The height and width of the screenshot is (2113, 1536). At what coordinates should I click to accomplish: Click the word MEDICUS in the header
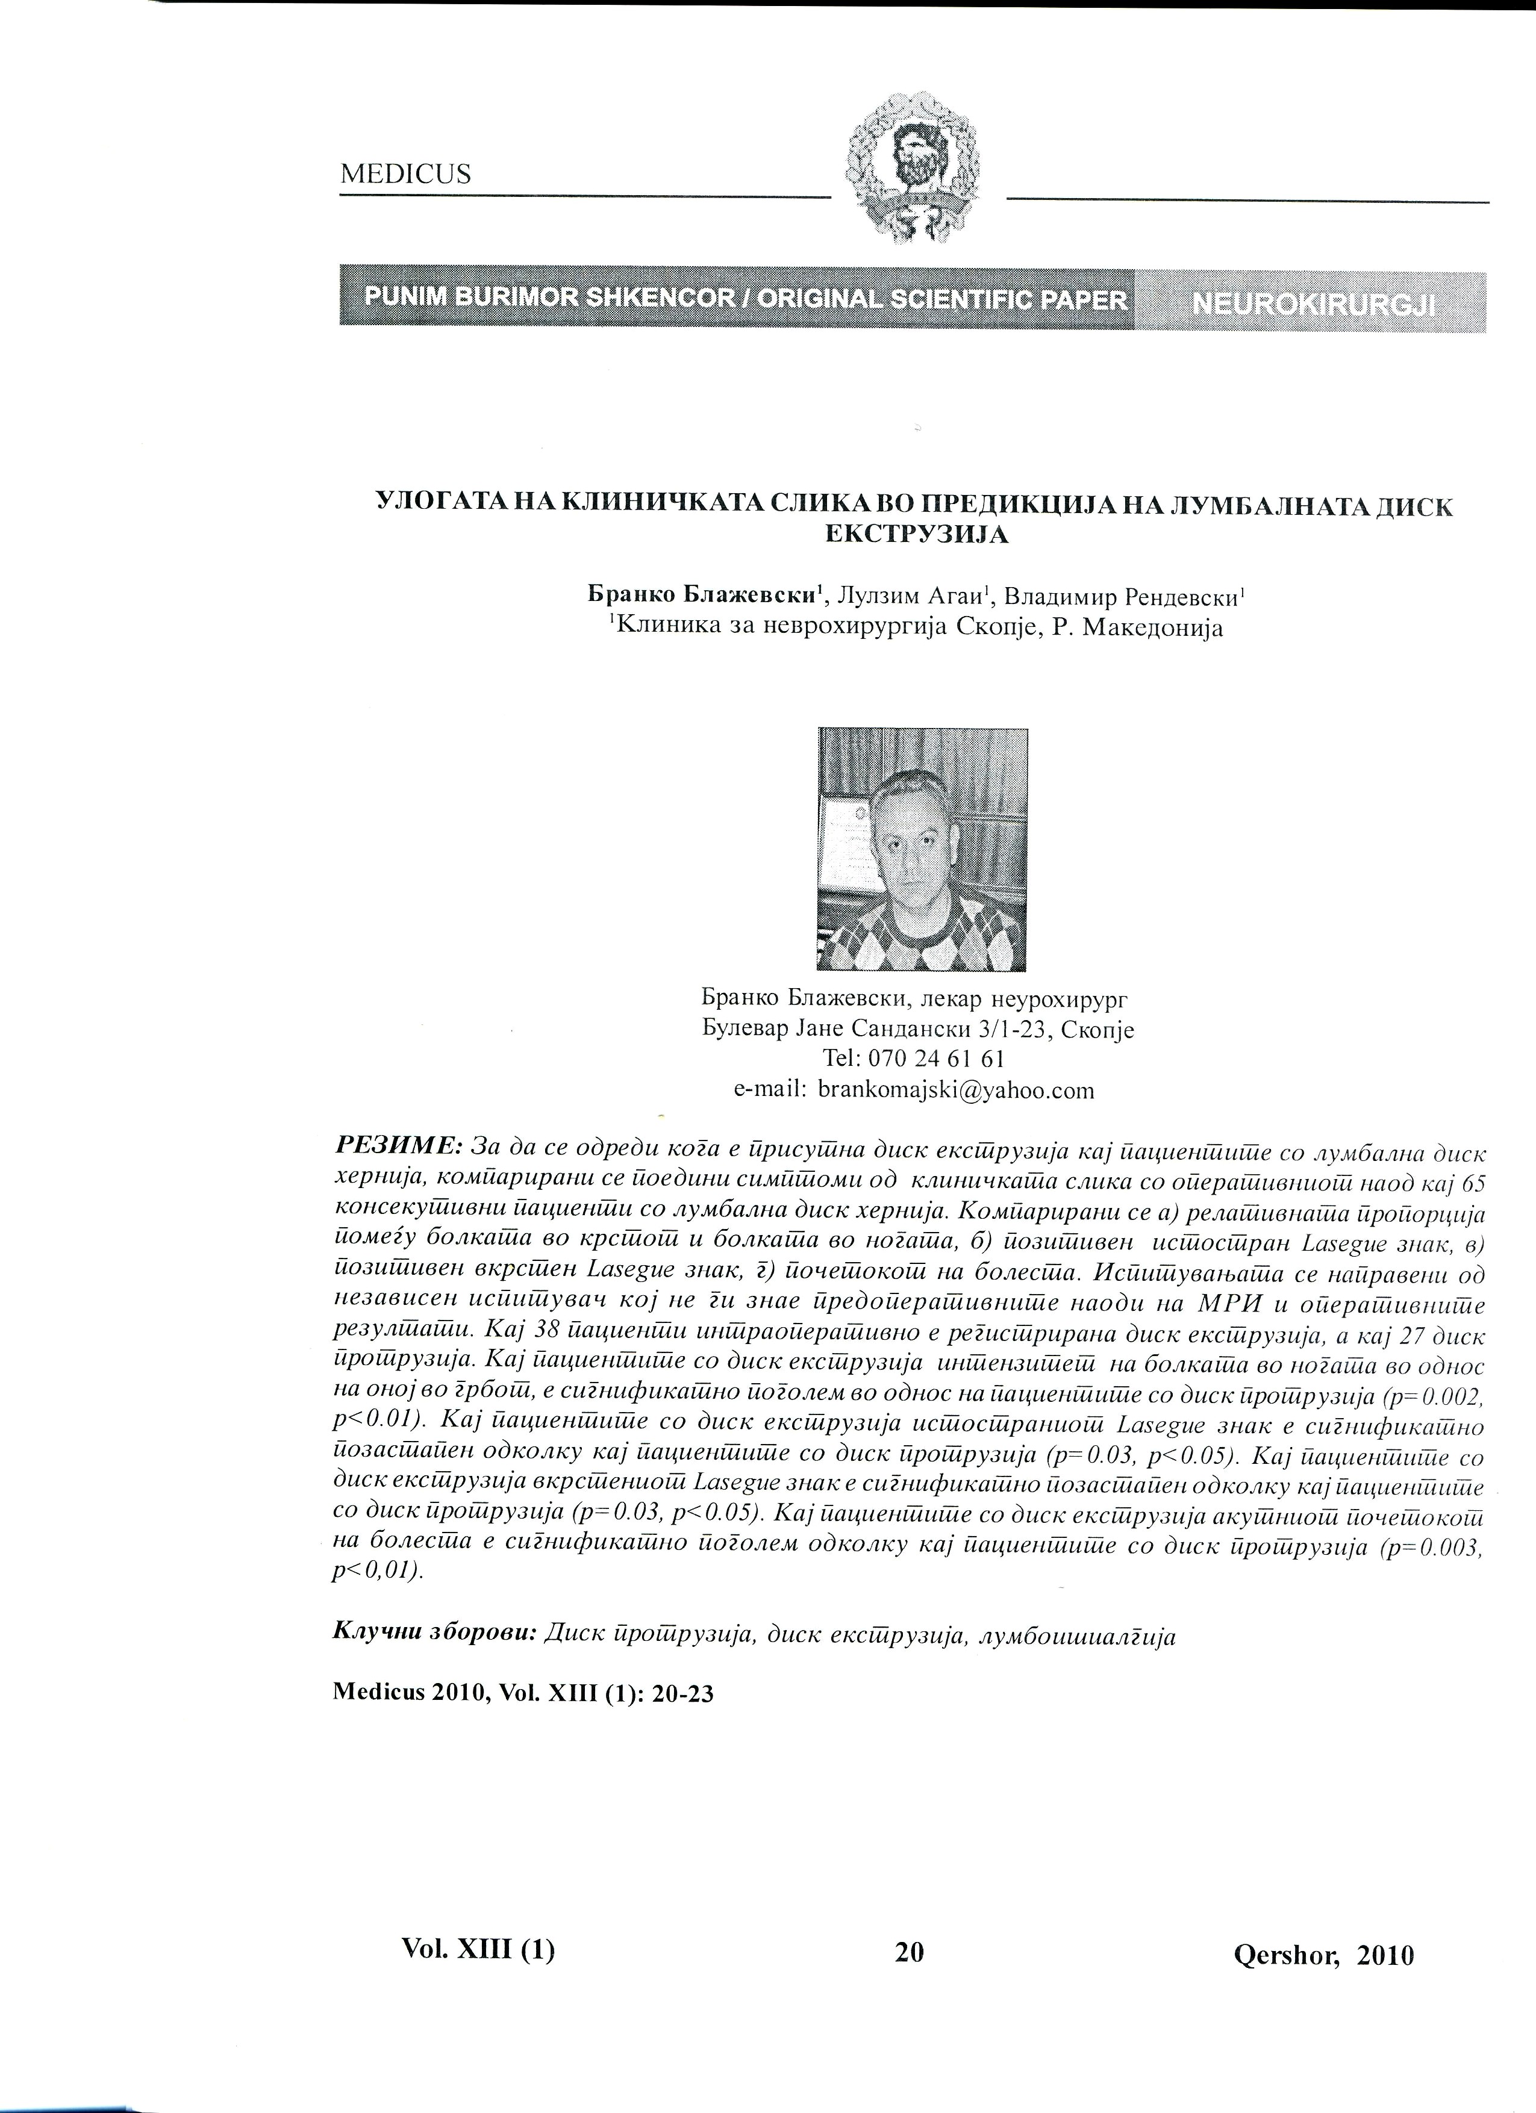pos(405,174)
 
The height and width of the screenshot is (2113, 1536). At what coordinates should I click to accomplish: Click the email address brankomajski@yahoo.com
pos(954,1090)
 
